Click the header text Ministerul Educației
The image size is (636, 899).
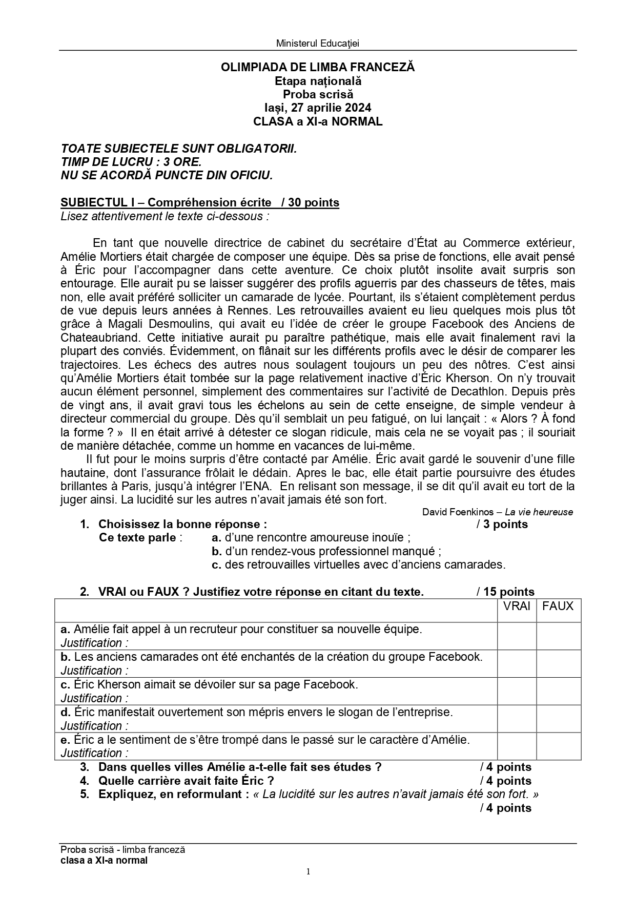317,44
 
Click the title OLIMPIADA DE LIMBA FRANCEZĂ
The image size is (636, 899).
317,67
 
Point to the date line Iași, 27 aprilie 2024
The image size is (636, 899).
317,108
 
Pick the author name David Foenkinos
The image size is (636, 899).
458,512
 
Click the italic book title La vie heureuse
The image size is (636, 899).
539,512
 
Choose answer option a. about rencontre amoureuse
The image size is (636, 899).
311,537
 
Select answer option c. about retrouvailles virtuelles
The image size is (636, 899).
358,565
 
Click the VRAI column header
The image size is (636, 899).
517,607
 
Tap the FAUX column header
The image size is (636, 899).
558,607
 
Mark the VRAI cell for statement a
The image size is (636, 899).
517,636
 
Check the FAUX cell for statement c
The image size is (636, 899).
559,691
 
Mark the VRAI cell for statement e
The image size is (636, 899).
517,746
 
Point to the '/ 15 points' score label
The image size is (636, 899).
505,592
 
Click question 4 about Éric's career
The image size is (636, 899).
186,781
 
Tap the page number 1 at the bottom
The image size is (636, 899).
308,871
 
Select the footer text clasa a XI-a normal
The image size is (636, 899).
104,860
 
